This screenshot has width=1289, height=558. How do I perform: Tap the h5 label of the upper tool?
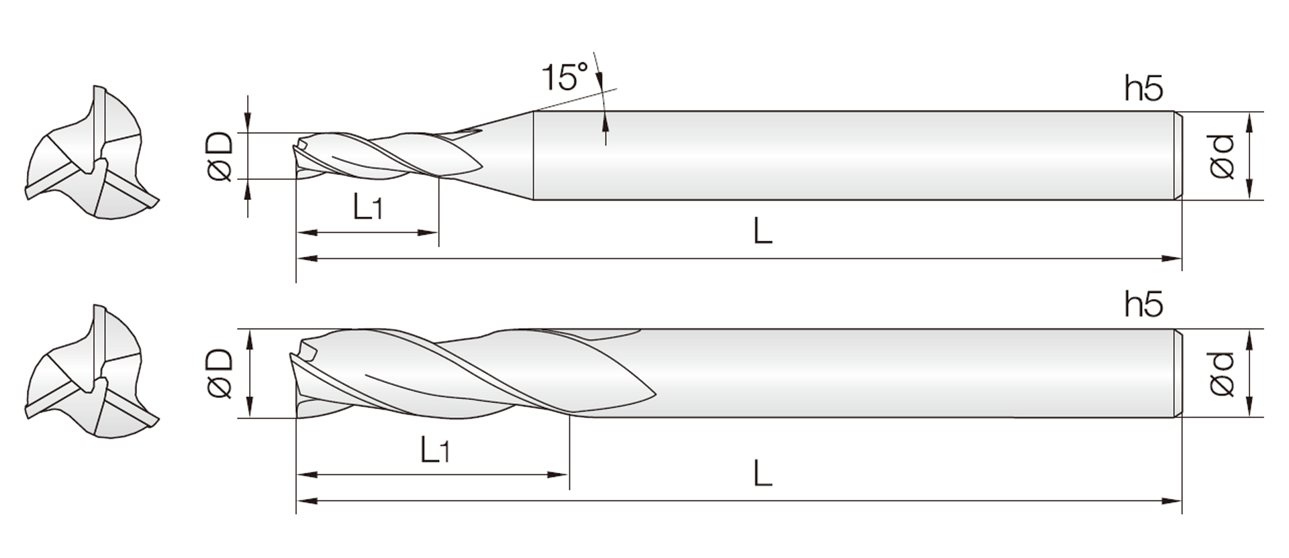point(1143,89)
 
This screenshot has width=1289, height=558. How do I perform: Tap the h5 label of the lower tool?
point(1143,304)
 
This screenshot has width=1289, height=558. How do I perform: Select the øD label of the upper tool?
point(220,156)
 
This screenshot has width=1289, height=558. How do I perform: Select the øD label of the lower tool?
point(220,374)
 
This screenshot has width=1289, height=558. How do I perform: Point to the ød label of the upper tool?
point(1222,156)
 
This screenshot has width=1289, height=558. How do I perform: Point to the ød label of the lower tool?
point(1222,374)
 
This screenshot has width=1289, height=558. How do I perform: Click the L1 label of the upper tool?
point(367,207)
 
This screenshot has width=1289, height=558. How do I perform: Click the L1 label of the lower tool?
point(434,449)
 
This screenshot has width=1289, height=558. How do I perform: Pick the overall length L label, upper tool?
point(763,231)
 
